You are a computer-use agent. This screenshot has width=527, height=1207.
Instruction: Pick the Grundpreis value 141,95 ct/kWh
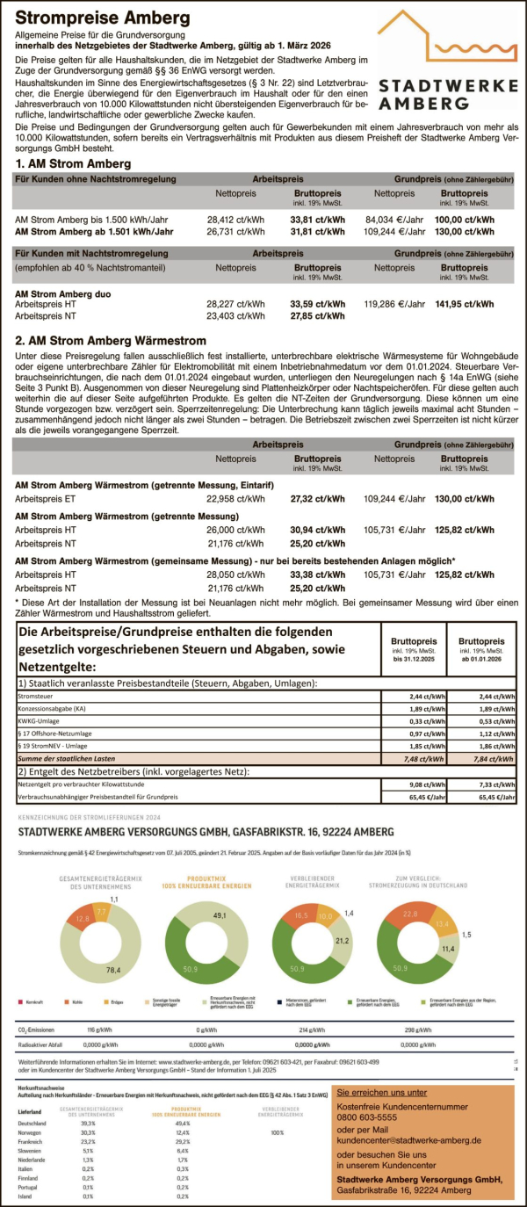click(466, 304)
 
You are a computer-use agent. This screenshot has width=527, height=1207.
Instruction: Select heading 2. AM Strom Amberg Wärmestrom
click(111, 340)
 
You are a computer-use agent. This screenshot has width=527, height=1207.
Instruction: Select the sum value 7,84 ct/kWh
click(480, 757)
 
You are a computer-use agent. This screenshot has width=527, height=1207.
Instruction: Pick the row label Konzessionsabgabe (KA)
click(52, 710)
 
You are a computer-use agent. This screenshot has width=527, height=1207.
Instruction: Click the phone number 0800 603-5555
click(375, 1117)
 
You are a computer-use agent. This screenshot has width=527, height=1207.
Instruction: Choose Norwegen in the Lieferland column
click(30, 1132)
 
